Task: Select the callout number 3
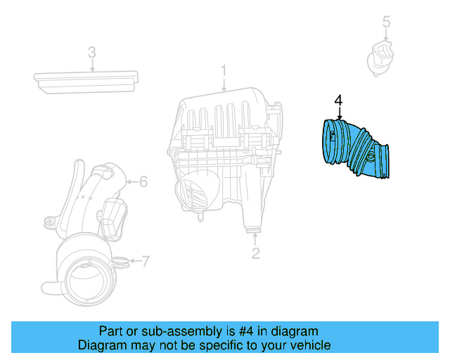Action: click(x=91, y=52)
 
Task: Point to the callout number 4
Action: click(x=338, y=101)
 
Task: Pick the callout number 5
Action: click(x=386, y=22)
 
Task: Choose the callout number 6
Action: click(x=143, y=182)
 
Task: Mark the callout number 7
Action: click(x=145, y=263)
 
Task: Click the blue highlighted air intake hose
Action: click(x=355, y=148)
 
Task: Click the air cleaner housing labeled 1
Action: click(x=225, y=141)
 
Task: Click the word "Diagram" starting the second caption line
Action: click(x=101, y=345)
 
